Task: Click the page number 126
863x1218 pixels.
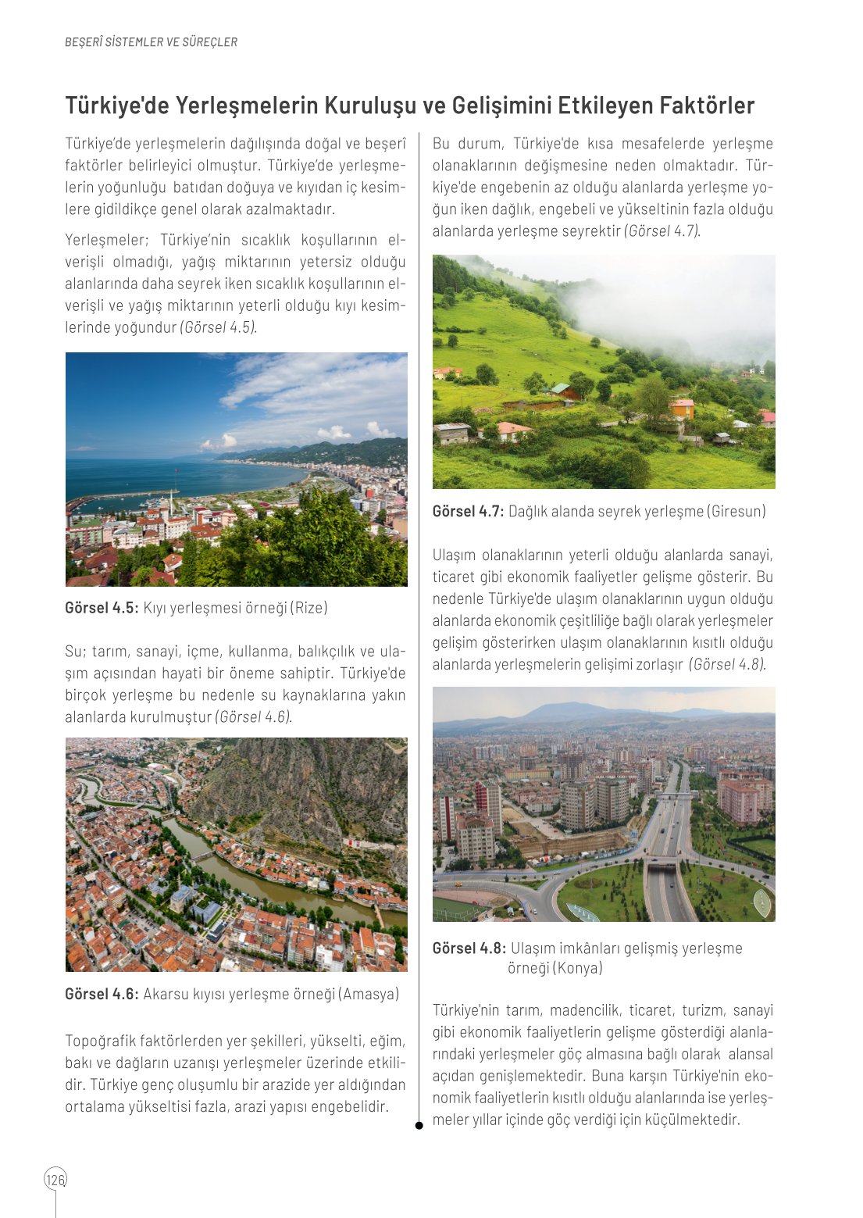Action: click(x=55, y=1179)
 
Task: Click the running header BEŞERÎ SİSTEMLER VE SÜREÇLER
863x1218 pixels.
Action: click(x=151, y=42)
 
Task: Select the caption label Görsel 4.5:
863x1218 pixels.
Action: click(x=102, y=608)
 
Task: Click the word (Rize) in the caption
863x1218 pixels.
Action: click(x=309, y=608)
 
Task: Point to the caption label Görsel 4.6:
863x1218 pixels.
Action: click(x=102, y=995)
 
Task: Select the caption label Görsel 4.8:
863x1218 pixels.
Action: click(x=469, y=948)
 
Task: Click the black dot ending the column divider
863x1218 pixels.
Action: click(x=419, y=1126)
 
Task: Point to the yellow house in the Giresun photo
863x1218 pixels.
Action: click(x=682, y=408)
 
